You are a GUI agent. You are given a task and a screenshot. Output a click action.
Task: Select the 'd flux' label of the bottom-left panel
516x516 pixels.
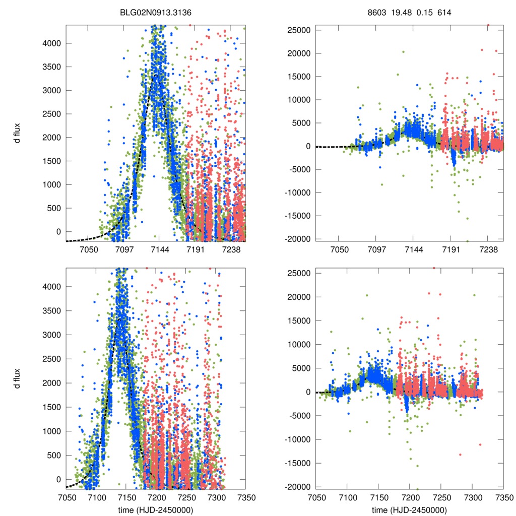point(17,378)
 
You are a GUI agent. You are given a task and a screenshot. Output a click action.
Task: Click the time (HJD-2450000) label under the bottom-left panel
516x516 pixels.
point(155,509)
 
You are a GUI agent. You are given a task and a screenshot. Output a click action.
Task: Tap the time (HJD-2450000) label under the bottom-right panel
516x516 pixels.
point(409,509)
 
